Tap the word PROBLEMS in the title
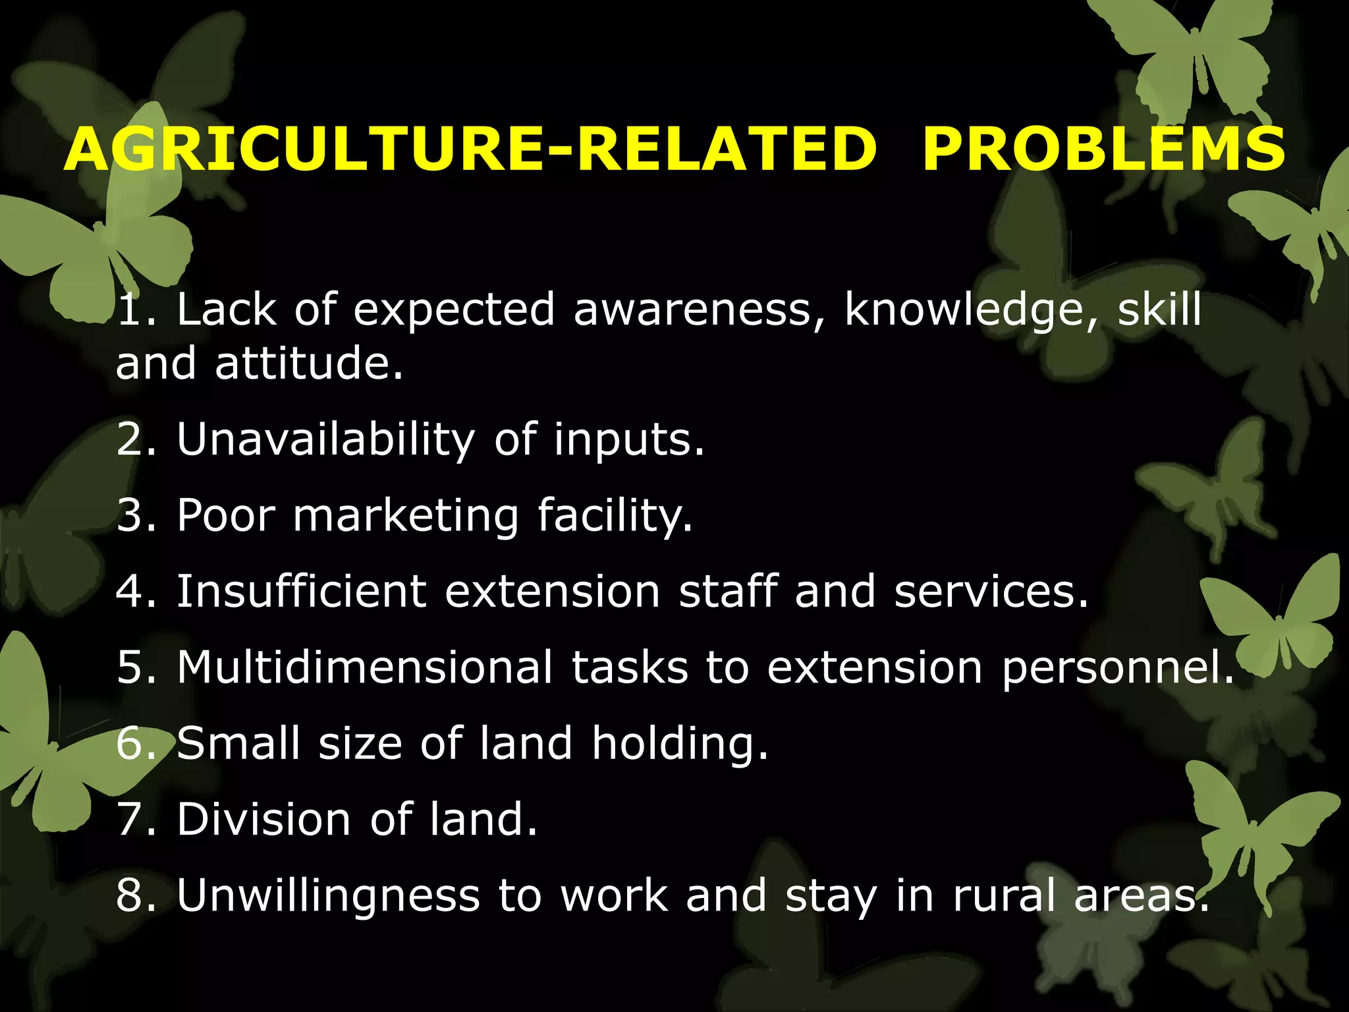tap(1103, 150)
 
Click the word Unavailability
tap(325, 440)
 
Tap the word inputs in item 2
tap(628, 440)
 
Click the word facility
tap(615, 516)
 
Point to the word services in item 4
tap(991, 591)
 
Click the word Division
tap(264, 820)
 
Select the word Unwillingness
tap(329, 896)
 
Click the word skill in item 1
tap(1160, 309)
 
